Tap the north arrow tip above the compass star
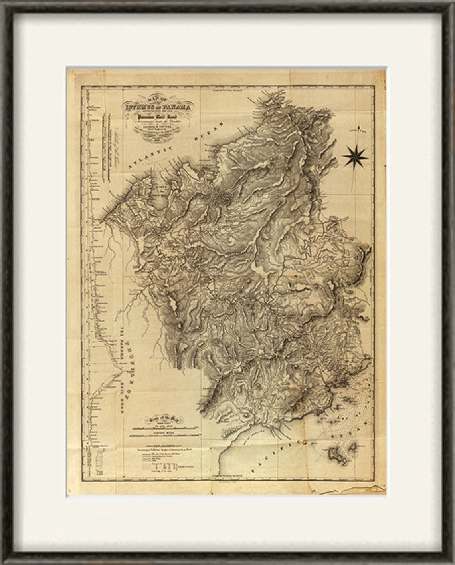(x=360, y=129)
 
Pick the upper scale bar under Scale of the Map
(x=168, y=428)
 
